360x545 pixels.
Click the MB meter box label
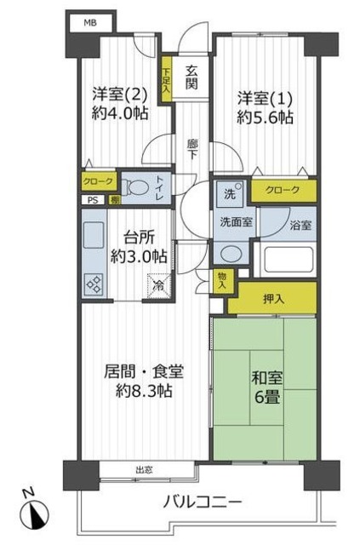pos(89,23)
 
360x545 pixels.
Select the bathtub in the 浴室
pos(286,260)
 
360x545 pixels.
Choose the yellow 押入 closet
pos(273,298)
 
